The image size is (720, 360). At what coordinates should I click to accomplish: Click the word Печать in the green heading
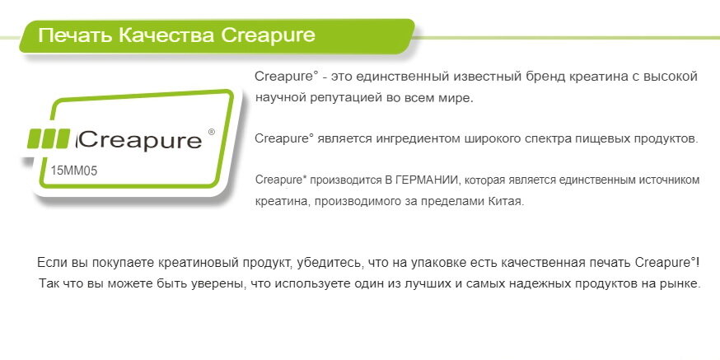point(75,35)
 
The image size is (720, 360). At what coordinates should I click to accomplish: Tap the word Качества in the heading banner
point(166,35)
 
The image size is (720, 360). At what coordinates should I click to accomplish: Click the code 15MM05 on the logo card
point(74,171)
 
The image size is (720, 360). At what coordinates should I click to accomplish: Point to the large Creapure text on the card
point(141,141)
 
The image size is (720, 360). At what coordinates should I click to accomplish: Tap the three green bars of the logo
point(49,138)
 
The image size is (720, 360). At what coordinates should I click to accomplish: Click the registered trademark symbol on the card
point(211,133)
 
